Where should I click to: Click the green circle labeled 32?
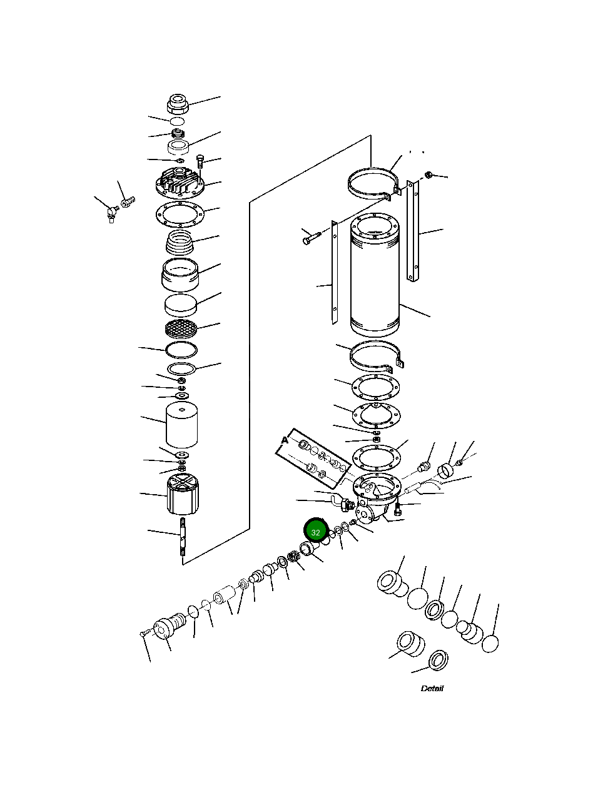316,532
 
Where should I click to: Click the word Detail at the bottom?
432,689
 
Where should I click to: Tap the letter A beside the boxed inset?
285,440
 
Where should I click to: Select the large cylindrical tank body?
374,275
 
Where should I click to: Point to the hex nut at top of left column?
178,104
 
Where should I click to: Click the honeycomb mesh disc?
181,327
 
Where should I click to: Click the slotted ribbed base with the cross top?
183,494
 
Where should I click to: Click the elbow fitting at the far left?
111,214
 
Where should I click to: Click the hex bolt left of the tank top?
310,238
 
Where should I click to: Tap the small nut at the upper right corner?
429,174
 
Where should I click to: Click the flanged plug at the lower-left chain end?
165,629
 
